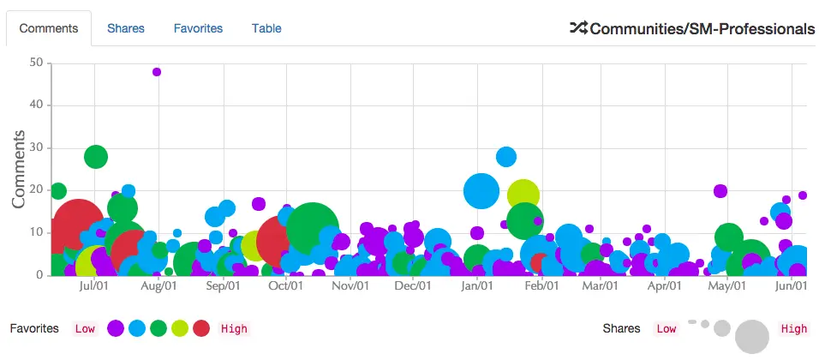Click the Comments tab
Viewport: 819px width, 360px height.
click(x=49, y=28)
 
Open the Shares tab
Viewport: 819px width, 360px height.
click(x=126, y=28)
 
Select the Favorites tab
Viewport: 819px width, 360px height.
click(x=198, y=28)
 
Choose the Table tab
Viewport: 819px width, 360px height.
click(x=266, y=28)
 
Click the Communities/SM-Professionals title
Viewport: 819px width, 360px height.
click(x=702, y=29)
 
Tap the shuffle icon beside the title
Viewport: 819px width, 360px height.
click(x=578, y=28)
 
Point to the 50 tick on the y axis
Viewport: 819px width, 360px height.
click(x=36, y=63)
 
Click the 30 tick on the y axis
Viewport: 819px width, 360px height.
click(x=36, y=147)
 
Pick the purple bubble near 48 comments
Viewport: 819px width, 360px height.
click(x=157, y=72)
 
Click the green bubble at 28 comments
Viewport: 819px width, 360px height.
click(x=96, y=157)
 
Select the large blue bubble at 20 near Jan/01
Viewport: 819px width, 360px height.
click(x=481, y=190)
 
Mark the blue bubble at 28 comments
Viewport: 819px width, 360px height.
click(x=506, y=157)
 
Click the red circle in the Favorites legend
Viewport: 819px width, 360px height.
click(x=201, y=328)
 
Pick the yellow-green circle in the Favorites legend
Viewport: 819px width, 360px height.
click(x=180, y=328)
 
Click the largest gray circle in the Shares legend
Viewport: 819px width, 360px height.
click(x=752, y=336)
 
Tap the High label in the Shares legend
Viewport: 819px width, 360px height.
click(x=793, y=328)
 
